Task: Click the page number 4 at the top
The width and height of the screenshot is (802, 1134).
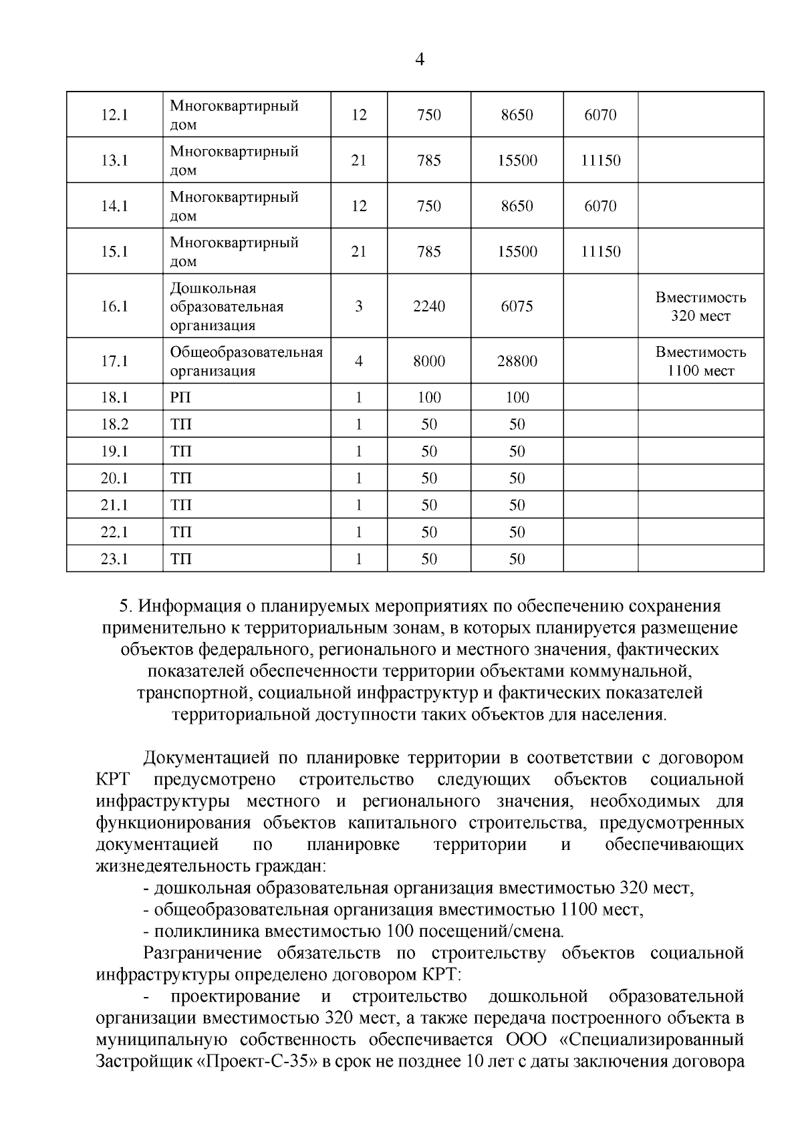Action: point(420,59)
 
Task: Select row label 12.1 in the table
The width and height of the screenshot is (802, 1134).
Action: point(114,115)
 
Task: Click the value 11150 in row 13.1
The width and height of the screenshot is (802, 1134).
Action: point(600,160)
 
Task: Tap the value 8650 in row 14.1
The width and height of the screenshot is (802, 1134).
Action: point(517,206)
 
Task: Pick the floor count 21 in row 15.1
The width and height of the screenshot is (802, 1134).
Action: point(359,251)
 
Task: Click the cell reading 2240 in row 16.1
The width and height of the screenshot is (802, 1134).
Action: point(428,306)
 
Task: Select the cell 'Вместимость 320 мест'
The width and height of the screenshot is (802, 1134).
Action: point(700,306)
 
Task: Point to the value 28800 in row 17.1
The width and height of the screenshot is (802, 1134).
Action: point(517,361)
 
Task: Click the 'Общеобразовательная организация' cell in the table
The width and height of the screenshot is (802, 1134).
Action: point(246,361)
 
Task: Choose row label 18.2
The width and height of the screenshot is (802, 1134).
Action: point(114,424)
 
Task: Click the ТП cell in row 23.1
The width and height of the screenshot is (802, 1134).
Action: point(180,559)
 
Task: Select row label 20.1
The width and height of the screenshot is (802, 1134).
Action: point(114,478)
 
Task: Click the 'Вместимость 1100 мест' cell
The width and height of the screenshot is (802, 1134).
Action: point(700,361)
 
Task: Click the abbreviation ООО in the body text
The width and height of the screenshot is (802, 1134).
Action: point(526,1040)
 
